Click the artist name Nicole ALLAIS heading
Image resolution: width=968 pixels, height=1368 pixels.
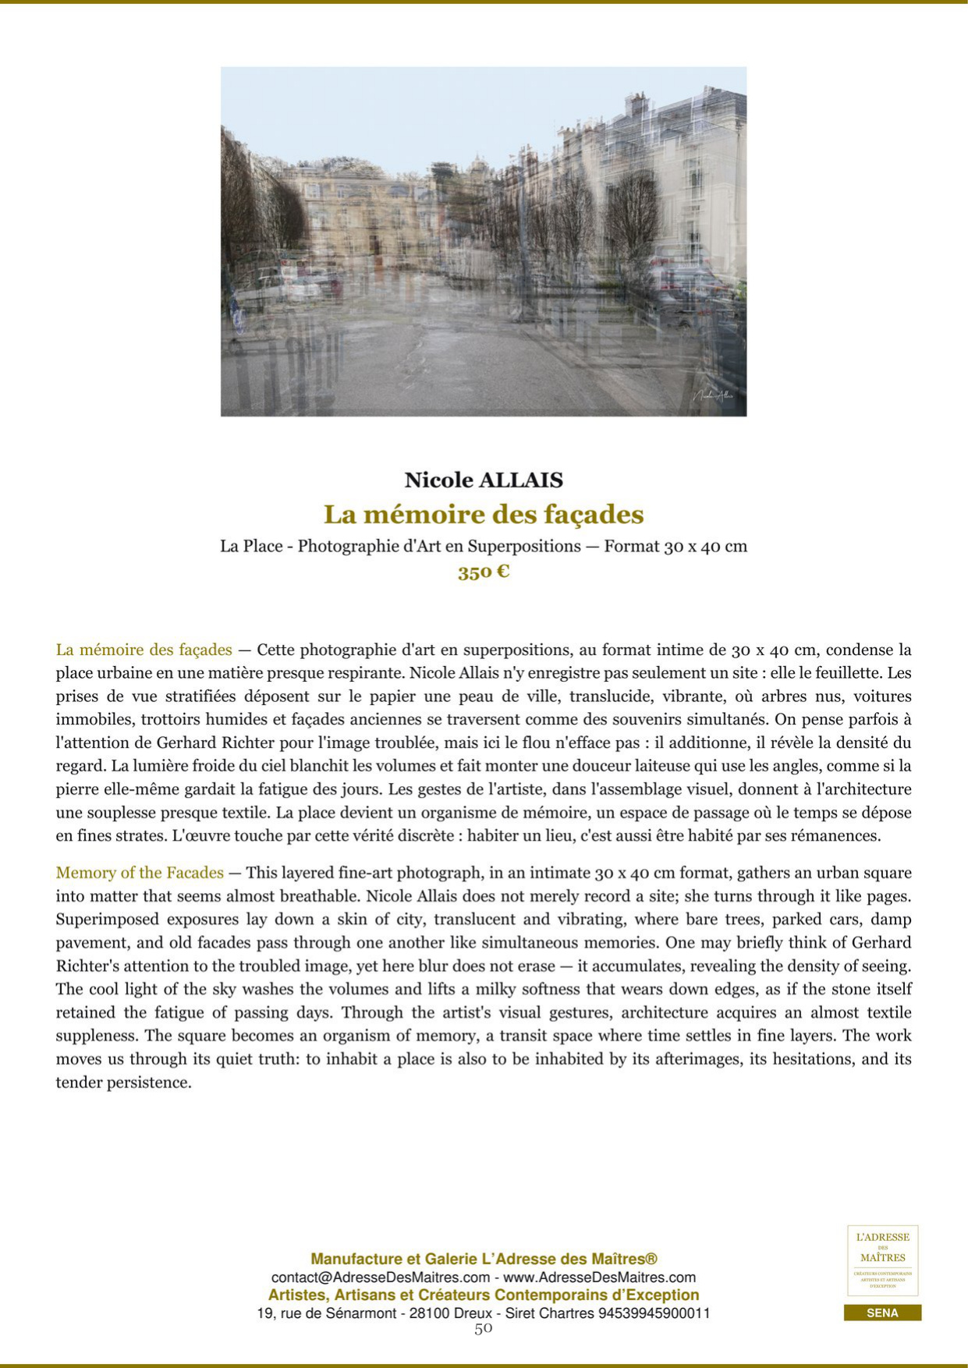[484, 480]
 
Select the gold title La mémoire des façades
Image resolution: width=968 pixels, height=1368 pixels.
[484, 515]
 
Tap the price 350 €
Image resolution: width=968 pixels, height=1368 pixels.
[484, 572]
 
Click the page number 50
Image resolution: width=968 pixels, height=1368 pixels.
[484, 1328]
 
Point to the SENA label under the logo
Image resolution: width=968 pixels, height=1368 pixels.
[882, 1313]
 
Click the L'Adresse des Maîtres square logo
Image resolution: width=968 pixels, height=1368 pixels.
[882, 1260]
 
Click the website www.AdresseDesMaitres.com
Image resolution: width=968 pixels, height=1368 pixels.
[599, 1278]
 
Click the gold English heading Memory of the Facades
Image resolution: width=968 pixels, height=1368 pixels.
[140, 873]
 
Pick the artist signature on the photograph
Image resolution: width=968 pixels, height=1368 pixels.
[714, 395]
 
